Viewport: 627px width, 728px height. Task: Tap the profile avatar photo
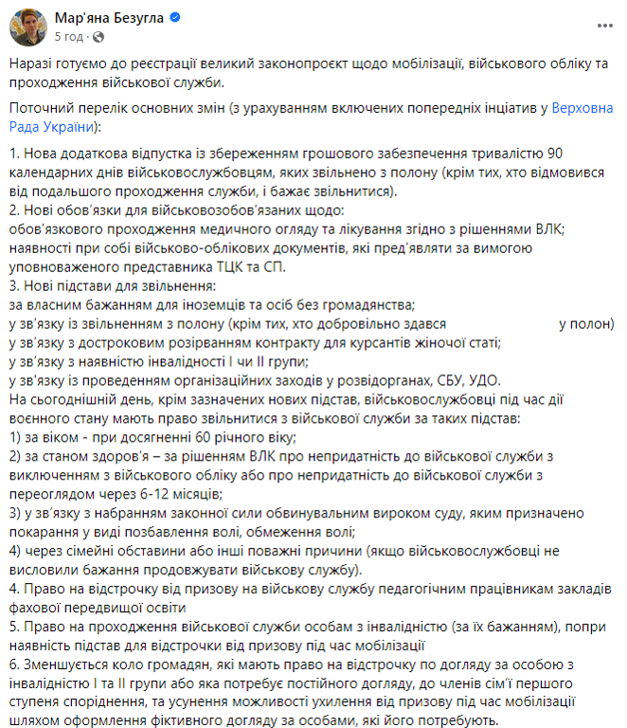(26, 27)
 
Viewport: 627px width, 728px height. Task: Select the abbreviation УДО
(479, 379)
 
